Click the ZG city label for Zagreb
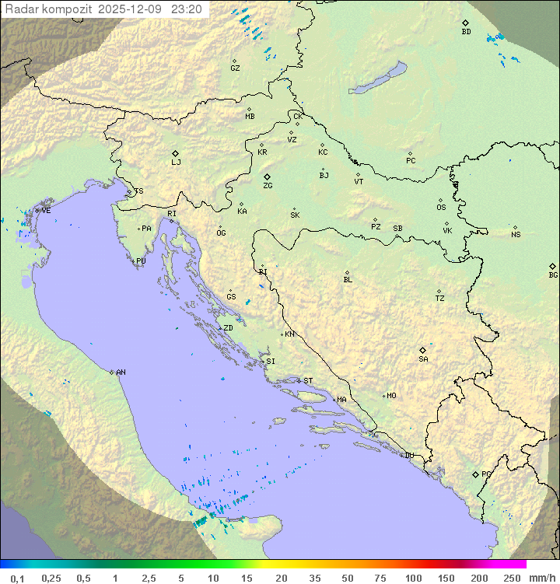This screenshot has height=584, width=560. point(268,186)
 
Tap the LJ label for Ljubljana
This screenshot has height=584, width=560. point(176,163)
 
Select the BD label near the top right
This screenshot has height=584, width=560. point(466,32)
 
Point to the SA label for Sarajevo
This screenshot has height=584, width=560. point(423,359)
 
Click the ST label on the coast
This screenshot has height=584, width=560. point(308,381)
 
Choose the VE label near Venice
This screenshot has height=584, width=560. point(46,211)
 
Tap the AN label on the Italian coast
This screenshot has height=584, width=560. point(121,372)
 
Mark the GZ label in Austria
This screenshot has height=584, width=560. point(235,68)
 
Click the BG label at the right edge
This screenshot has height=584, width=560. point(553,275)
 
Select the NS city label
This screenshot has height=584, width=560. point(516,235)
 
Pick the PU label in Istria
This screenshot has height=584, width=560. point(141,261)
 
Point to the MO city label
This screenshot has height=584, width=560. point(391,396)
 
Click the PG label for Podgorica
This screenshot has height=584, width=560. point(486,474)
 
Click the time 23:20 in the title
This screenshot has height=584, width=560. point(187,9)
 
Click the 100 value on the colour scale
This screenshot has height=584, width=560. point(413,578)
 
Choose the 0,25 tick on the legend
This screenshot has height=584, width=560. point(51,578)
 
